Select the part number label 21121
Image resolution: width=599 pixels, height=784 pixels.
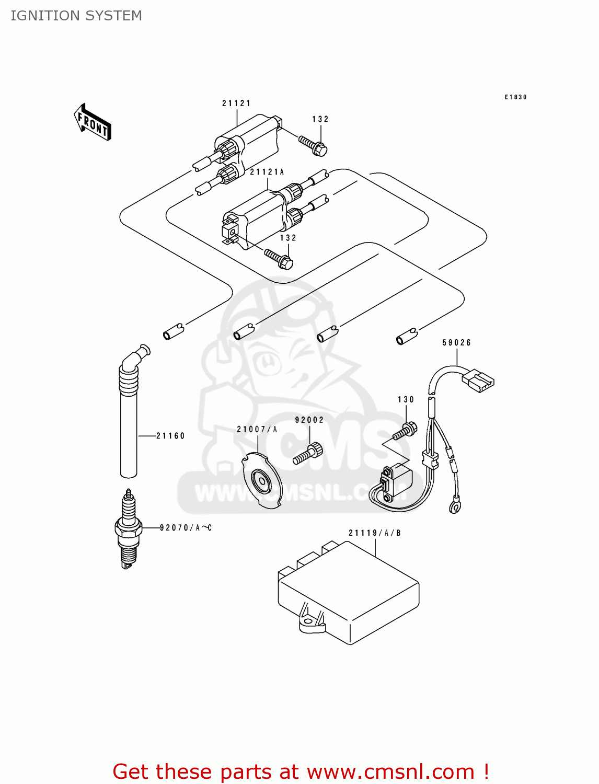pos(236,103)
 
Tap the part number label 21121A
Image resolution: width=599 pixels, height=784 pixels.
pos(267,172)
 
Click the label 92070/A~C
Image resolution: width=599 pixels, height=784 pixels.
pos(186,528)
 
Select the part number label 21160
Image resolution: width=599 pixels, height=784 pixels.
pos(170,436)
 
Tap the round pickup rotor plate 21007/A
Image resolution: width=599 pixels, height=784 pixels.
pos(261,481)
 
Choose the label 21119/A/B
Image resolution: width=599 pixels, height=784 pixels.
pos(374,533)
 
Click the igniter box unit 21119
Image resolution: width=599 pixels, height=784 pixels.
pos(349,593)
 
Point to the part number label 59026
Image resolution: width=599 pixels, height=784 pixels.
pos(456,343)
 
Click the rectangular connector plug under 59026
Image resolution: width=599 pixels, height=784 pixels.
pos(478,380)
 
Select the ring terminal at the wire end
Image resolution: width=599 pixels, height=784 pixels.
pos(455,506)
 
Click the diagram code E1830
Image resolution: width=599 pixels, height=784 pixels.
pos(515,97)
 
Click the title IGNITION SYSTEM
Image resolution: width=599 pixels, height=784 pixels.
pos(76,16)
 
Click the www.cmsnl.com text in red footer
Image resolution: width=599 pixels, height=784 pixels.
pos(390,771)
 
